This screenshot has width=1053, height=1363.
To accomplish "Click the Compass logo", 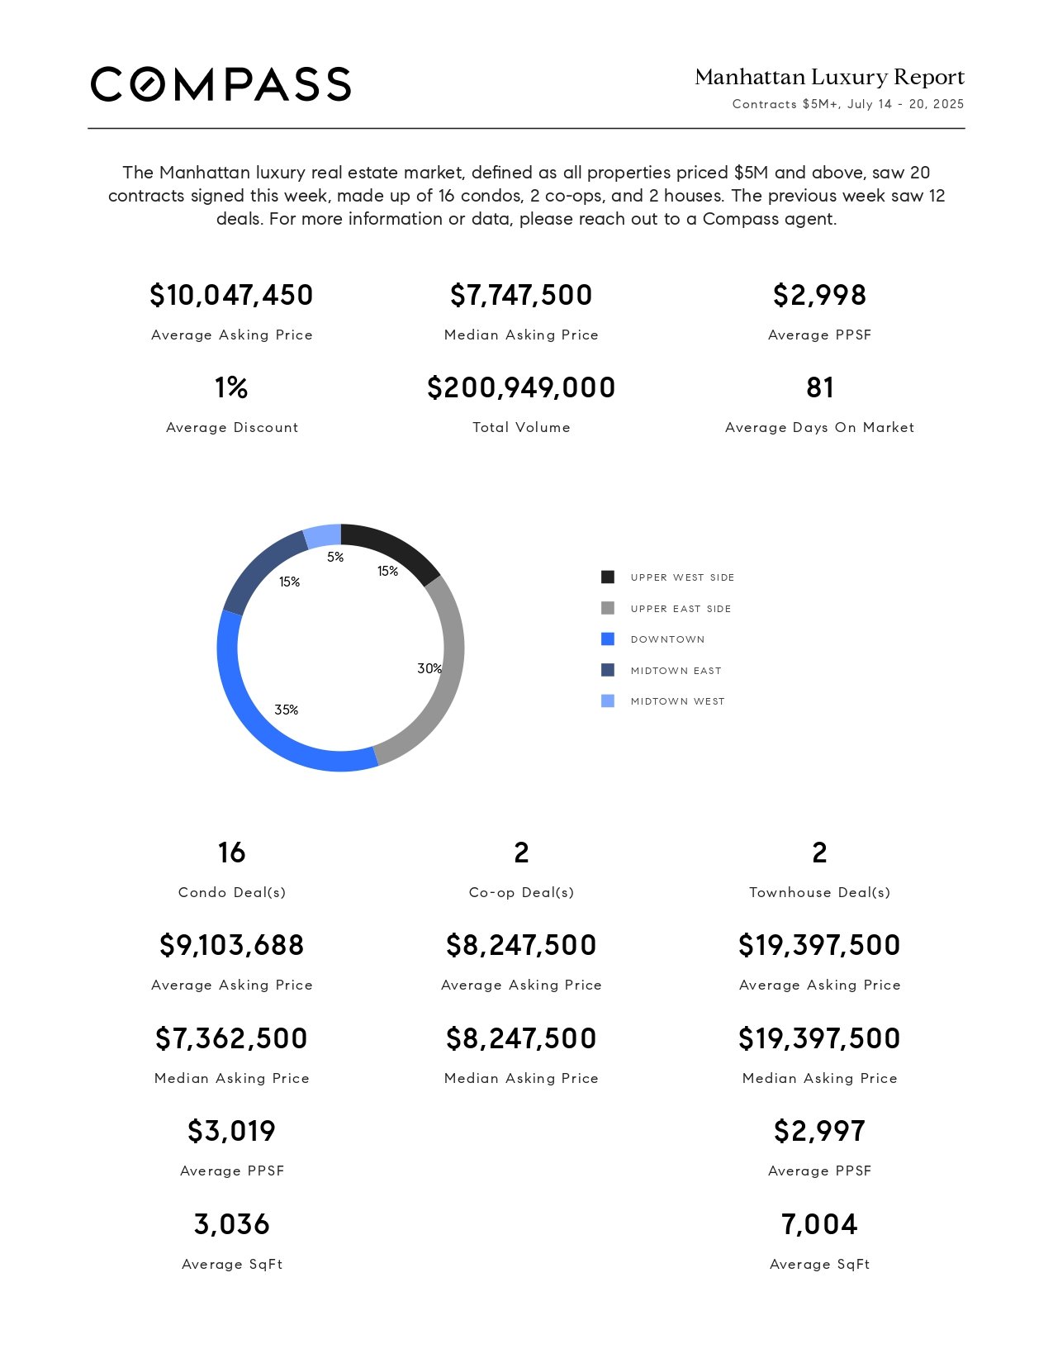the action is pos(221,84).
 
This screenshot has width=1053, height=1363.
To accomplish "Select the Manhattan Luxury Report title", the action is pos(829,77).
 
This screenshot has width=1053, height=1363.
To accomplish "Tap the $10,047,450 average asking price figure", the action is pos(231,295).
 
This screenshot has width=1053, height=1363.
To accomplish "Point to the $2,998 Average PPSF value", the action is pos(820,295).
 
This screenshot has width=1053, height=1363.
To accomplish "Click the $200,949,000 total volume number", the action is pos(521,387).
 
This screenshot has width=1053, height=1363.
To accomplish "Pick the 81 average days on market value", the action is pos(820,387).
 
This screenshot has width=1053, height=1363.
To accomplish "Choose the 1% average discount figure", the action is pos(231,387).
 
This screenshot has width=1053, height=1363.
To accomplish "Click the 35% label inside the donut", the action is pos(286,710).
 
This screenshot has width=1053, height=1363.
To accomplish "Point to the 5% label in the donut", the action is pos(335,557).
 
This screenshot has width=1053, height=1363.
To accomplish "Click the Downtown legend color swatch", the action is pos(608,639).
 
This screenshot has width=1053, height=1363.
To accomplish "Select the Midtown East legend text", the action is pos(676,671).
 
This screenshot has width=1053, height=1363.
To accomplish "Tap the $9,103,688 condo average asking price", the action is pos(231,945).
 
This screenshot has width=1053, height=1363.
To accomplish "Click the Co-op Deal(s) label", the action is pos(521,893).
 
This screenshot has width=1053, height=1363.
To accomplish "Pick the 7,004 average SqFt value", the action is pos(820,1224).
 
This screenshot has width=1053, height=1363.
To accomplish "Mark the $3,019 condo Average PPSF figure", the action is pos(231,1131).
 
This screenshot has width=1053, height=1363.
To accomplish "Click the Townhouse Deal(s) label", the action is pos(820,893).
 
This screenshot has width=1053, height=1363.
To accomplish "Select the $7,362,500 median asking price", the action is pos(231,1038).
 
